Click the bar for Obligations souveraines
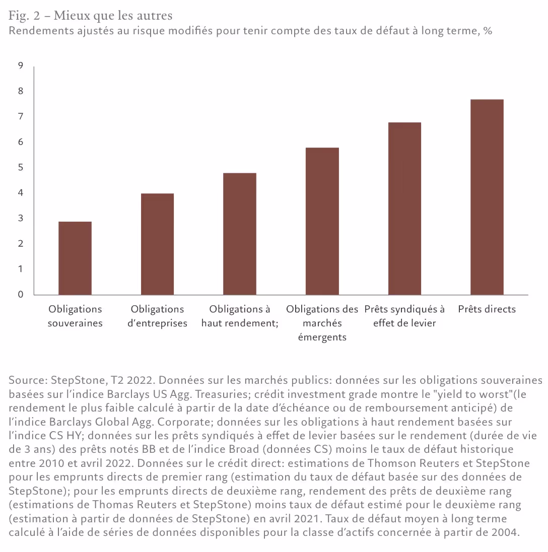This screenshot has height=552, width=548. pyautogui.click(x=75, y=258)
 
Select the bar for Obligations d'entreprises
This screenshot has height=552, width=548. pyautogui.click(x=157, y=244)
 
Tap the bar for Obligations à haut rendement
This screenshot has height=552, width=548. pyautogui.click(x=240, y=234)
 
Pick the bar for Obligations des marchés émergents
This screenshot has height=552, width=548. pyautogui.click(x=322, y=221)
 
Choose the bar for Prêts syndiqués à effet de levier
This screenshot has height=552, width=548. pyautogui.click(x=404, y=209)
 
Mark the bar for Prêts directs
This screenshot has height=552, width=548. pyautogui.click(x=487, y=197)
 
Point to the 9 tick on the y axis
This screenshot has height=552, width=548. pyautogui.click(x=21, y=65)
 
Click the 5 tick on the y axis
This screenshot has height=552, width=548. pyautogui.click(x=21, y=167)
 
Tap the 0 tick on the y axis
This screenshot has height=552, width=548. pyautogui.click(x=21, y=295)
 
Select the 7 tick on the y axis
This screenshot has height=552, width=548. pyautogui.click(x=21, y=116)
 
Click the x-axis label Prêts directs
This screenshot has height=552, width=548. pyautogui.click(x=487, y=309)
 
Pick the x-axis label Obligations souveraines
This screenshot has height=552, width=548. pyautogui.click(x=75, y=316)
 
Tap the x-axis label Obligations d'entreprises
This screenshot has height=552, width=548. pyautogui.click(x=157, y=316)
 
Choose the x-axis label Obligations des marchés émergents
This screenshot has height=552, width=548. pyautogui.click(x=322, y=323)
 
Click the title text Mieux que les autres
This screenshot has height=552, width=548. pyautogui.click(x=113, y=16)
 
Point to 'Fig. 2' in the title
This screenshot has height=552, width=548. pyautogui.click(x=23, y=16)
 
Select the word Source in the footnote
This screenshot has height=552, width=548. pyautogui.click(x=25, y=380)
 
